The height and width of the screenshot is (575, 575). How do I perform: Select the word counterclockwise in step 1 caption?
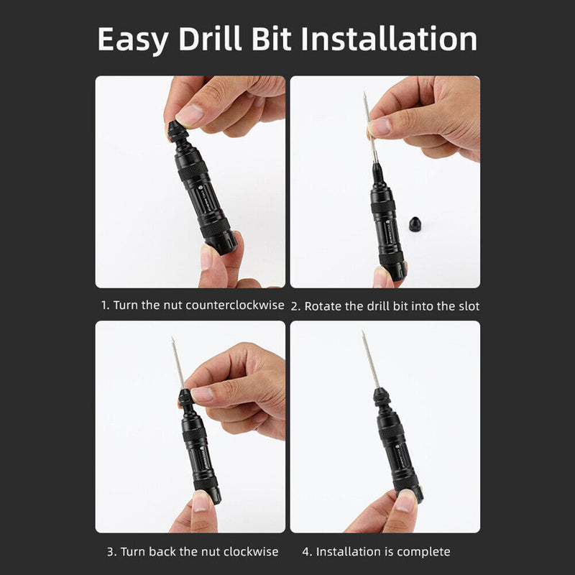click(x=235, y=305)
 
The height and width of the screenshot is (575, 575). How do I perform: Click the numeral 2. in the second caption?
click(x=295, y=305)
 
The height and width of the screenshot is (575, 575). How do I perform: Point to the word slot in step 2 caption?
click(x=466, y=305)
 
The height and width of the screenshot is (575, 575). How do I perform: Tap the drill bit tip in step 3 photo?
click(x=172, y=339)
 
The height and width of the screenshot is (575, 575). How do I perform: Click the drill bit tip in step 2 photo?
click(x=365, y=95)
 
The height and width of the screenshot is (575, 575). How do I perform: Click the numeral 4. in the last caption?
click(x=307, y=551)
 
